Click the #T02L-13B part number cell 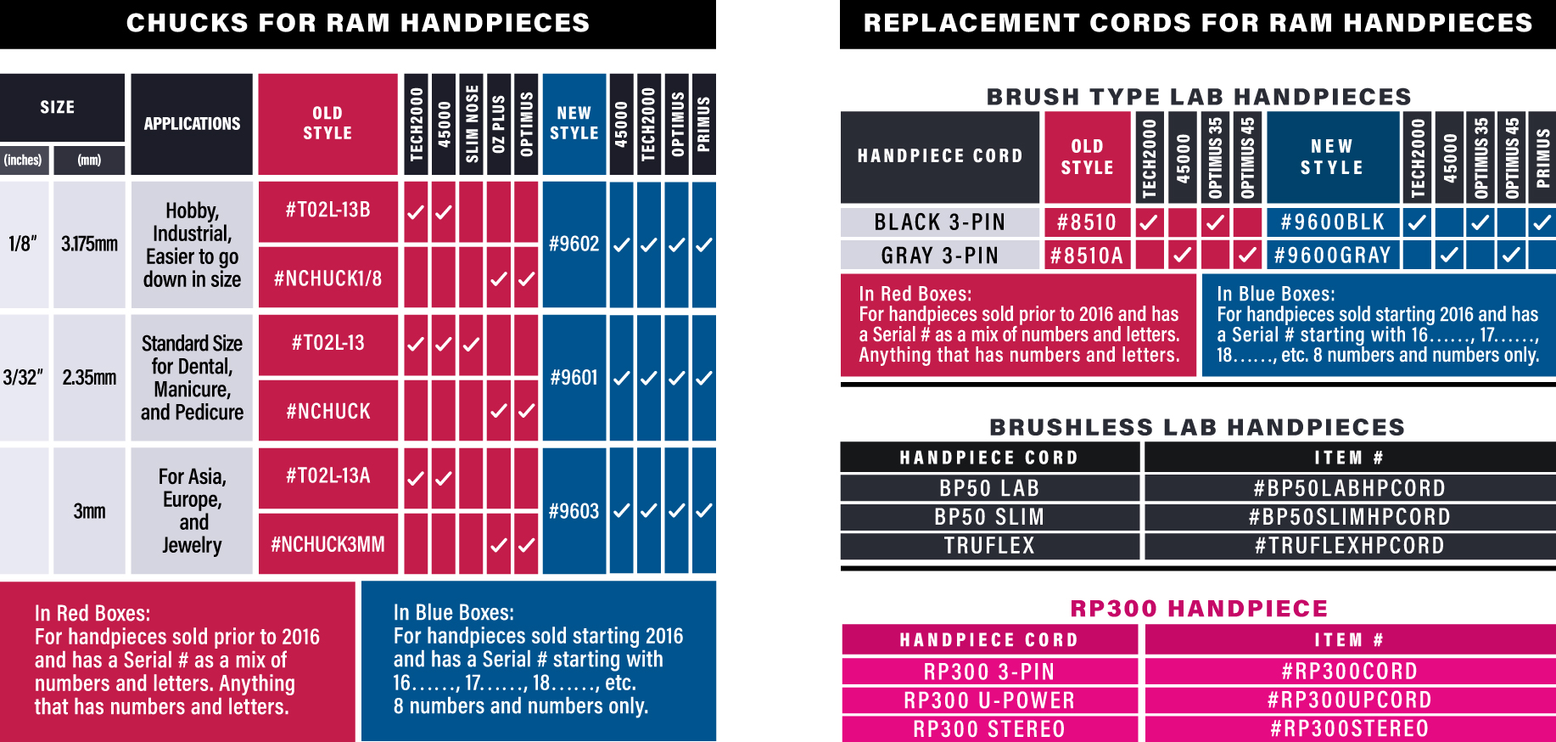pos(327,211)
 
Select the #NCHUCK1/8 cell pos(327,278)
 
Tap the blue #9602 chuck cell pos(574,245)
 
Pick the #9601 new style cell pos(574,378)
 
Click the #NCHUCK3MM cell pos(327,544)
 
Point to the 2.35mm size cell pos(89,378)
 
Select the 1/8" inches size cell pos(24,245)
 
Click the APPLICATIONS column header pos(192,124)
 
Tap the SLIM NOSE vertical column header pos(472,124)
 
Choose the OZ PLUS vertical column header pos(499,124)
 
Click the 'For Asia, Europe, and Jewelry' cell pos(192,511)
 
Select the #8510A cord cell pos(1087,256)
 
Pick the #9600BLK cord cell pos(1332,222)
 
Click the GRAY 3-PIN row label pos(939,256)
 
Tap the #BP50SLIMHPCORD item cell pos(1349,517)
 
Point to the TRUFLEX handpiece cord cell pos(989,546)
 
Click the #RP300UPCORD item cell pos(1349,700)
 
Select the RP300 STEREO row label pos(989,729)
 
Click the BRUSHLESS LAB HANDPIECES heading pos(1197,427)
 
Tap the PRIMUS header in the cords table pos(1542,157)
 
